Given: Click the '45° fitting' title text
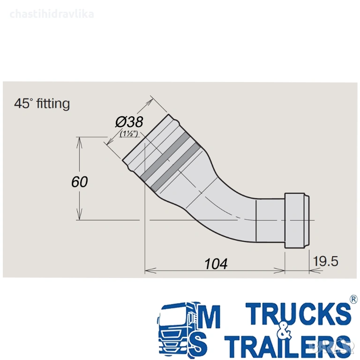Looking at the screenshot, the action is (42, 104).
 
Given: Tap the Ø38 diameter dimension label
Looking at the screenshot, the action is (129, 122).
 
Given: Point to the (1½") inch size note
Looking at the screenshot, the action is (129, 134).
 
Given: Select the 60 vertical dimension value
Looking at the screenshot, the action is (79, 182).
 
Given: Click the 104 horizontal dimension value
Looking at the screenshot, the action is (216, 264).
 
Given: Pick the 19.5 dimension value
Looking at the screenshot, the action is (326, 261).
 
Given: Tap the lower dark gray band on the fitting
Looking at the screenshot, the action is (175, 167).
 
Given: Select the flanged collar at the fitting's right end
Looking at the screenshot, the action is (297, 221).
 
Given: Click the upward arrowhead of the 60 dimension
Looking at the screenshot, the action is (79, 142).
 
